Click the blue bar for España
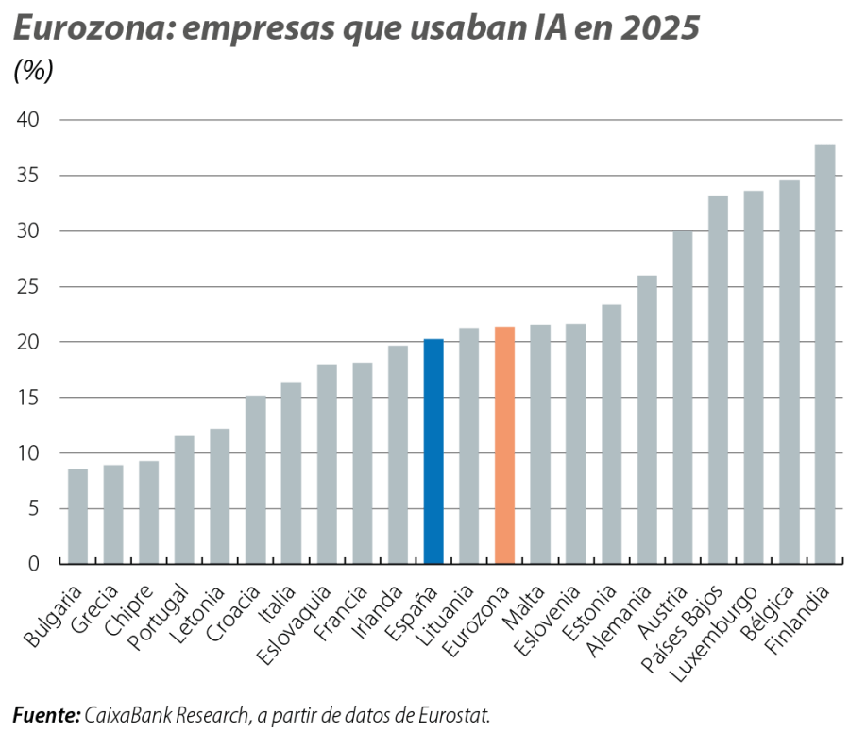pyautogui.click(x=433, y=452)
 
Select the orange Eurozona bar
pyautogui.click(x=504, y=445)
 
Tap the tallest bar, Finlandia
pyautogui.click(x=825, y=354)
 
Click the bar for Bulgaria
pyautogui.click(x=77, y=516)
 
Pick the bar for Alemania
pyautogui.click(x=647, y=419)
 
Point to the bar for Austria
pyautogui.click(x=683, y=398)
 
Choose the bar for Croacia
pyautogui.click(x=255, y=480)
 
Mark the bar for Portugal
pyautogui.click(x=184, y=500)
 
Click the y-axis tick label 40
pyautogui.click(x=28, y=120)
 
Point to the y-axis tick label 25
pyautogui.click(x=28, y=286)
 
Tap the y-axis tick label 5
pyautogui.click(x=34, y=508)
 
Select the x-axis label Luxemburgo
pyautogui.click(x=713, y=634)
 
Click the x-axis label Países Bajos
pyautogui.click(x=681, y=628)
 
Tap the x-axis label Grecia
pyautogui.click(x=94, y=608)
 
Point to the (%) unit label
pyautogui.click(x=34, y=71)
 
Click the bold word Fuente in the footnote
pyautogui.click(x=46, y=715)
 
